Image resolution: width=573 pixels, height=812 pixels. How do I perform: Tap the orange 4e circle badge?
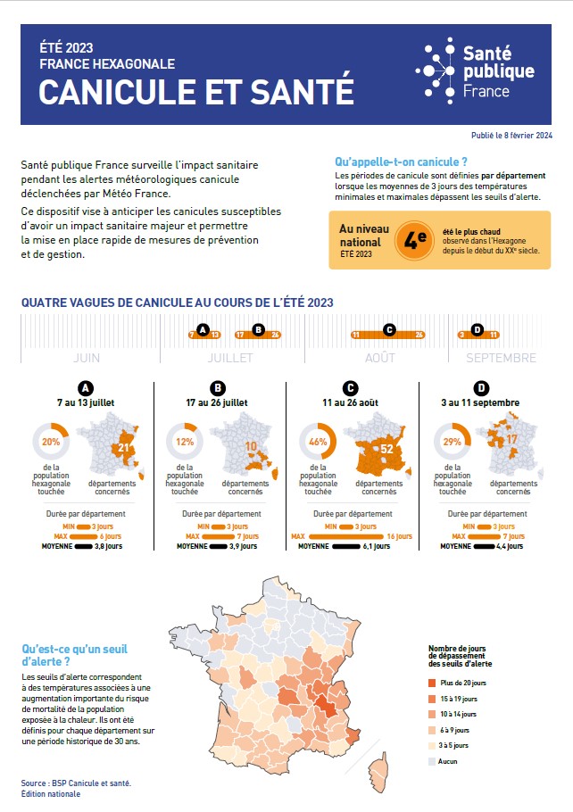point(412,239)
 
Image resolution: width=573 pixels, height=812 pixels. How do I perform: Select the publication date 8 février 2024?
point(512,136)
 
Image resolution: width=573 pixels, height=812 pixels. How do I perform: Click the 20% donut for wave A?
point(51,442)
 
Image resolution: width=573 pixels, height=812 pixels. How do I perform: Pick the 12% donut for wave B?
point(185,442)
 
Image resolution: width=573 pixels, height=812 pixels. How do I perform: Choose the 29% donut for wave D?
point(452,442)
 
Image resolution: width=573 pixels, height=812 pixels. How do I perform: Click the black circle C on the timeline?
point(388,330)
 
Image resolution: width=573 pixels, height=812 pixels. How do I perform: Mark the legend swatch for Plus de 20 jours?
point(432,683)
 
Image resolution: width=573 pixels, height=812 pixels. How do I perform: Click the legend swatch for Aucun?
point(432,761)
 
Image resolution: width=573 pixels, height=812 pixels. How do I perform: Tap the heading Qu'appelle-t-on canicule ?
point(401,162)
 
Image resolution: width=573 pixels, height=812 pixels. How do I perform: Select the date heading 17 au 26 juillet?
point(218,402)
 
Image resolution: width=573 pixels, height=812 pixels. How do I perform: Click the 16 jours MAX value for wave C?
point(397,536)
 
